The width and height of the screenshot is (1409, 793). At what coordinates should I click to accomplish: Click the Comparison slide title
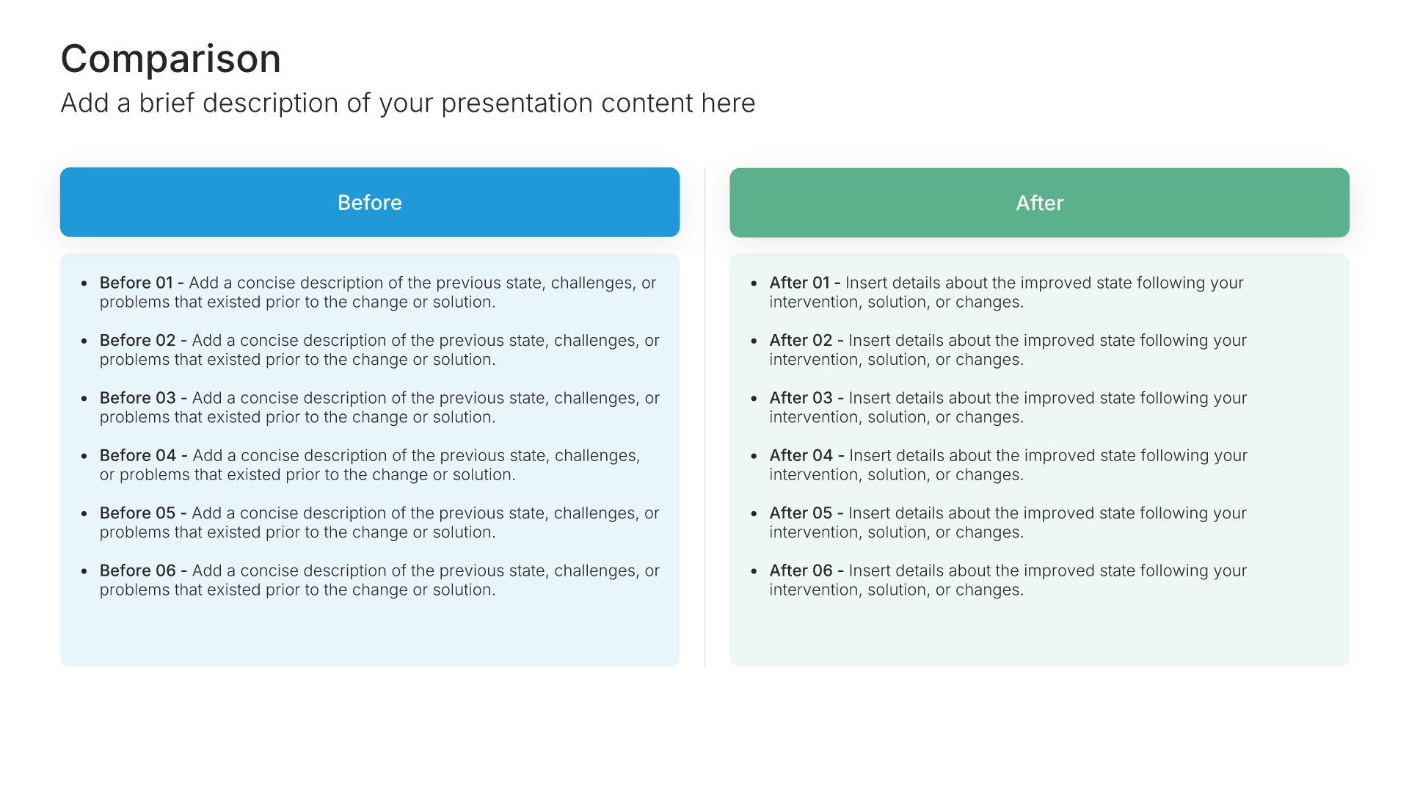pyautogui.click(x=170, y=59)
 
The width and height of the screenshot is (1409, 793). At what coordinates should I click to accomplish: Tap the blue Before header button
pyautogui.click(x=370, y=202)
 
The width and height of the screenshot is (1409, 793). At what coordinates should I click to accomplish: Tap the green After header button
pyautogui.click(x=1039, y=203)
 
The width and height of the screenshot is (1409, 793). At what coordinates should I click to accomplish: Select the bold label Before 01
pyautogui.click(x=136, y=283)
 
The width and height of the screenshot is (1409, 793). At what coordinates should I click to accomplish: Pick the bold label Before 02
pyautogui.click(x=138, y=340)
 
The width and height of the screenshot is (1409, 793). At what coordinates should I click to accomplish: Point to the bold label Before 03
pyautogui.click(x=138, y=398)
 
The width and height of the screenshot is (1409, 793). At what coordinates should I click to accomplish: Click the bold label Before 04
pyautogui.click(x=138, y=455)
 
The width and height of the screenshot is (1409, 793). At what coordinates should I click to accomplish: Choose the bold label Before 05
pyautogui.click(x=138, y=513)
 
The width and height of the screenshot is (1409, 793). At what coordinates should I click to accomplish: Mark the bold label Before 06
pyautogui.click(x=138, y=571)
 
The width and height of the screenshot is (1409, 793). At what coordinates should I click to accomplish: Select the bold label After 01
pyautogui.click(x=799, y=283)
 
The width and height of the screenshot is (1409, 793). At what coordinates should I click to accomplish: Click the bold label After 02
pyautogui.click(x=801, y=340)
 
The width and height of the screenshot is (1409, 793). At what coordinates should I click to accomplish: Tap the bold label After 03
pyautogui.click(x=801, y=398)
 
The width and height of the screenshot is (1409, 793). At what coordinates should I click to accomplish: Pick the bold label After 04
pyautogui.click(x=801, y=455)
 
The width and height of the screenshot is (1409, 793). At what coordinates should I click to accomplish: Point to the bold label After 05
pyautogui.click(x=801, y=513)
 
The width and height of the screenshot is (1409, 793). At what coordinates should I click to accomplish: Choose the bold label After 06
pyautogui.click(x=801, y=571)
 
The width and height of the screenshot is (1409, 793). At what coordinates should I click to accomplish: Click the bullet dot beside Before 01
pyautogui.click(x=84, y=283)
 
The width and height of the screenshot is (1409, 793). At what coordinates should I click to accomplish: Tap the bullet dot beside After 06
pyautogui.click(x=754, y=571)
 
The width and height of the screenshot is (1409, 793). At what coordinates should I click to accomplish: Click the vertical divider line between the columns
pyautogui.click(x=704, y=417)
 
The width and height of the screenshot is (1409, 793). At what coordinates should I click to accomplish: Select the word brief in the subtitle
pyautogui.click(x=167, y=104)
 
